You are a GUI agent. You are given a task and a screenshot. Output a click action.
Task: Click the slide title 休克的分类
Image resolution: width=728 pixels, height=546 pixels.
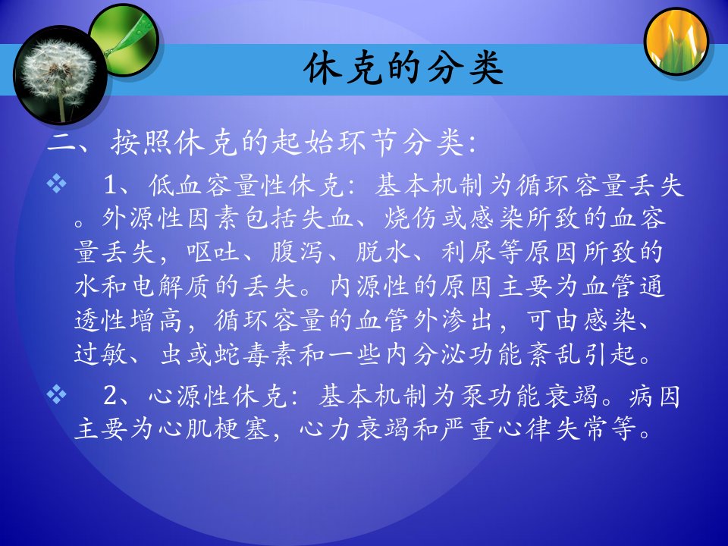[403, 69]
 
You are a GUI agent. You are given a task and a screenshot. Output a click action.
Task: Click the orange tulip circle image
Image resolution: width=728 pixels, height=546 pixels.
[676, 41]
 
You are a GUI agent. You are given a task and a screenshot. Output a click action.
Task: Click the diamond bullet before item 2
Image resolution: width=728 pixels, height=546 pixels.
[56, 394]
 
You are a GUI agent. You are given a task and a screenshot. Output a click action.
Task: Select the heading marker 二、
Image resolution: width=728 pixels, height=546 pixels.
[75, 143]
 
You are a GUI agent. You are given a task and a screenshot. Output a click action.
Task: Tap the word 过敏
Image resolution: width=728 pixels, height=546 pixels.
[100, 354]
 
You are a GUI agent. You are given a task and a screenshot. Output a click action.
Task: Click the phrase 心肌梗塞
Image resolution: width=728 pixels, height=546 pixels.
[215, 428]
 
